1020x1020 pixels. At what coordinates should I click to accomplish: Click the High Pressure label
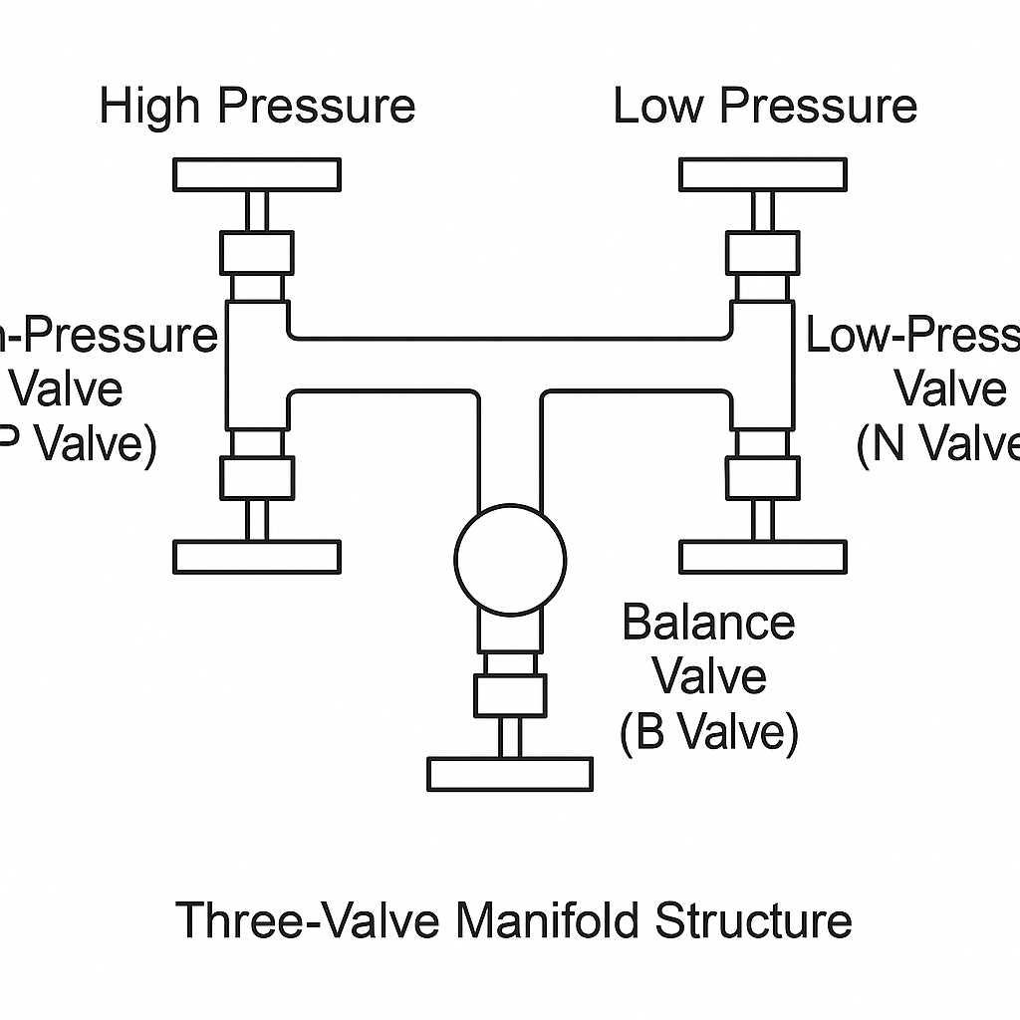[257, 107]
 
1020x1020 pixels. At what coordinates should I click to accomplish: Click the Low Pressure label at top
[764, 107]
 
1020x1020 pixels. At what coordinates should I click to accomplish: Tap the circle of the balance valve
[510, 559]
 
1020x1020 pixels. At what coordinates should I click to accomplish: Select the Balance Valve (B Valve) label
[709, 678]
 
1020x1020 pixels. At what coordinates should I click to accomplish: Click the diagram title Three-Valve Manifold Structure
[514, 919]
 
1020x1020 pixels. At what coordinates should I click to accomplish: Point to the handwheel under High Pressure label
[257, 174]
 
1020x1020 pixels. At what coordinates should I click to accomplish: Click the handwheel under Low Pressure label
[762, 174]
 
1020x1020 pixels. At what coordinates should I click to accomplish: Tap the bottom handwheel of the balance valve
[510, 774]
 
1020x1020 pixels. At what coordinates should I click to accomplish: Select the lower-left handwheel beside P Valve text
[257, 557]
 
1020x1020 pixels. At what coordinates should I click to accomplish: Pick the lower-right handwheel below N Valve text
[762, 557]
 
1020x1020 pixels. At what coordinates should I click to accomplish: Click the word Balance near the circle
[709, 625]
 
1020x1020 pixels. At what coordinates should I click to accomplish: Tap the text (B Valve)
[709, 733]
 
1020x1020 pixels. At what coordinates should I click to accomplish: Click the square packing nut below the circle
[510, 695]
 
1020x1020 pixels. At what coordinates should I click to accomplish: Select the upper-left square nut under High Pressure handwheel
[257, 252]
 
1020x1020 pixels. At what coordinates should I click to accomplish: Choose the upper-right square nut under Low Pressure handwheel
[762, 252]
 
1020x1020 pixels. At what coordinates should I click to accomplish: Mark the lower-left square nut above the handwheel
[257, 477]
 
